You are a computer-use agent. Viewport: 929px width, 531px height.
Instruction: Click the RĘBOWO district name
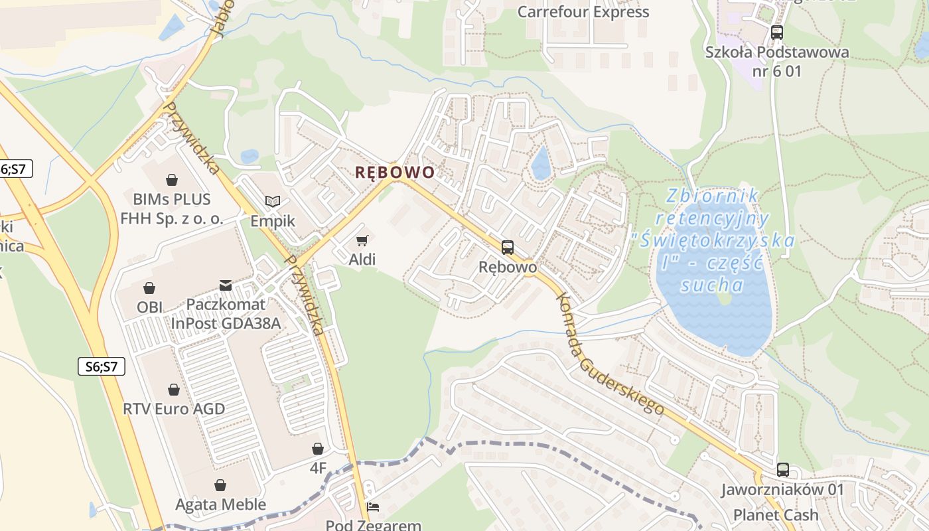[x=395, y=173]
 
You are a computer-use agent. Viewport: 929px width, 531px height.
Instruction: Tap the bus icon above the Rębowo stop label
[x=508, y=248]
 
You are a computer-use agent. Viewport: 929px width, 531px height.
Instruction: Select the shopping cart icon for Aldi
[x=362, y=240]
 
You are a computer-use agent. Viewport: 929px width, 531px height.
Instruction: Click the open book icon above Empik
[x=272, y=201]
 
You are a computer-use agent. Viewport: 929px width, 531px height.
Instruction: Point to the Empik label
[x=272, y=220]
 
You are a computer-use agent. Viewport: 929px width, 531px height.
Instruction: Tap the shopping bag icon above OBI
[x=149, y=288]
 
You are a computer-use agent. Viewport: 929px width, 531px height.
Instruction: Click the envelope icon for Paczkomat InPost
[x=226, y=285]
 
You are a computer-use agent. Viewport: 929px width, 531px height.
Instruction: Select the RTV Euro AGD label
[x=174, y=408]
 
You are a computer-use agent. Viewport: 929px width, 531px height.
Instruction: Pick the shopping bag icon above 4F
[x=318, y=449]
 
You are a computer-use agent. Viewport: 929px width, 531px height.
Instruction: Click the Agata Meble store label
[x=220, y=504]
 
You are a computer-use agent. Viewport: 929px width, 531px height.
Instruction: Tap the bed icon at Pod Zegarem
[x=373, y=508]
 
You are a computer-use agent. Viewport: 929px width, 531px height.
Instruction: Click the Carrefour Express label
[x=583, y=12]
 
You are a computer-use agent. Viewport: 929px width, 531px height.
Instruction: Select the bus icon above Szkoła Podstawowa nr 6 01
[x=776, y=32]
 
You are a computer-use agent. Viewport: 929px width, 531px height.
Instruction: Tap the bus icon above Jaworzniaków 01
[x=783, y=470]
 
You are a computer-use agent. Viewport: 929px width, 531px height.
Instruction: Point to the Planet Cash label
[x=776, y=515]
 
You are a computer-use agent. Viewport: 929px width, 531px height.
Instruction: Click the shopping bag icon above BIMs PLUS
[x=172, y=180]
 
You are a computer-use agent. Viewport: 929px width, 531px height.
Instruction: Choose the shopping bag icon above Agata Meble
[x=220, y=486]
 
